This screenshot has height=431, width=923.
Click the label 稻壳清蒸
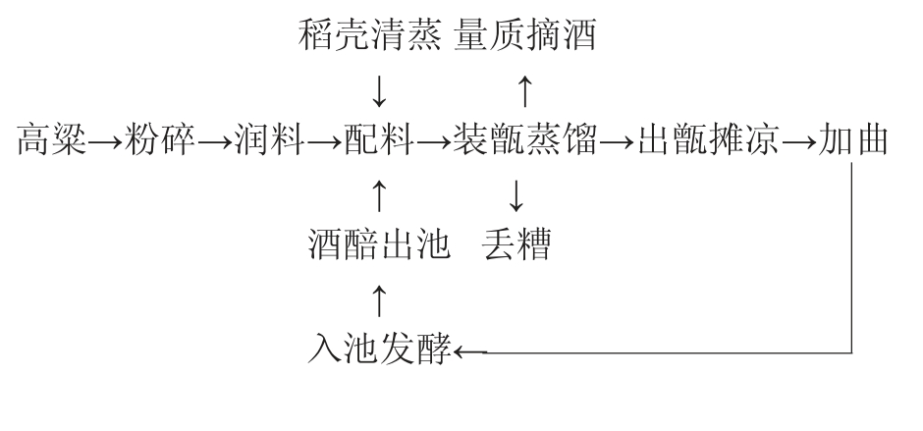372,38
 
